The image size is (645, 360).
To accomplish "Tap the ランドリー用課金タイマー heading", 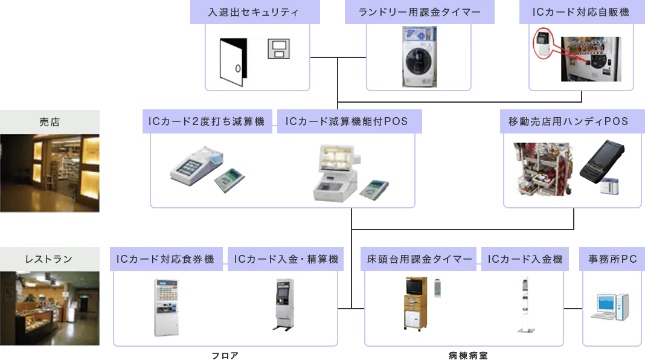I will pyautogui.click(x=420, y=12).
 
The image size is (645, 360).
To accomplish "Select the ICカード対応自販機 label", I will pyautogui.click(x=582, y=12).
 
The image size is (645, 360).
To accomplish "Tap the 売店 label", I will pyautogui.click(x=50, y=122).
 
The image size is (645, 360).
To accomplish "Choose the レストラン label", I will pyautogui.click(x=50, y=259).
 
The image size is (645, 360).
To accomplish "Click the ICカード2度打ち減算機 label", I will pyautogui.click(x=207, y=122).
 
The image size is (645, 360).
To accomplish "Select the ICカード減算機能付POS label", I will pyautogui.click(x=346, y=122).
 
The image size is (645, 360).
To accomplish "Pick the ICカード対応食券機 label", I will pyautogui.click(x=165, y=259).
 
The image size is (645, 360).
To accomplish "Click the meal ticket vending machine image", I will pyautogui.click(x=164, y=306).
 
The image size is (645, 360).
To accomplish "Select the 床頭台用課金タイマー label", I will pyautogui.click(x=420, y=259).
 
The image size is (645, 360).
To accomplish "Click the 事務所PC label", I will pyautogui.click(x=612, y=259).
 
